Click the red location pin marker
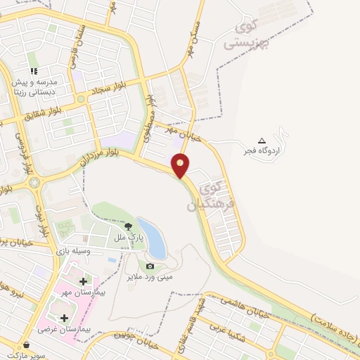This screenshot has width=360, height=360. pyautogui.click(x=181, y=165)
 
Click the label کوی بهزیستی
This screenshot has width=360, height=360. pyautogui.click(x=247, y=34)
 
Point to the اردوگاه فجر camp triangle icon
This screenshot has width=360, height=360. pyautogui.click(x=262, y=141)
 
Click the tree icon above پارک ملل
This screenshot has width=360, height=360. pyautogui.click(x=128, y=226)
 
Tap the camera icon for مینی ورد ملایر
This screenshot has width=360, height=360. pyautogui.click(x=150, y=266)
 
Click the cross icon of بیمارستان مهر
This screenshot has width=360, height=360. pyautogui.click(x=83, y=281)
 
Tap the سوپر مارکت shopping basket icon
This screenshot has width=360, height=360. pyautogui.click(x=27, y=345)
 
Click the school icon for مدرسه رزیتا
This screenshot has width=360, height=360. pyautogui.click(x=33, y=71)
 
